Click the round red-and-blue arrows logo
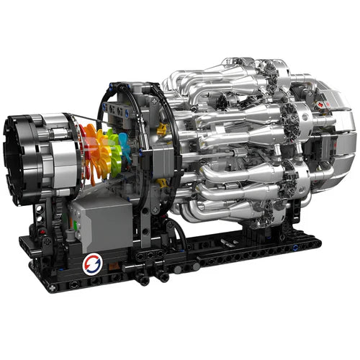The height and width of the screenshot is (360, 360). pyautogui.click(x=92, y=264)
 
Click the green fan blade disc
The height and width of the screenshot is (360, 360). pyautogui.click(x=115, y=148)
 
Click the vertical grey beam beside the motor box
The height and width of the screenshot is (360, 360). pyautogui.click(x=147, y=223)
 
